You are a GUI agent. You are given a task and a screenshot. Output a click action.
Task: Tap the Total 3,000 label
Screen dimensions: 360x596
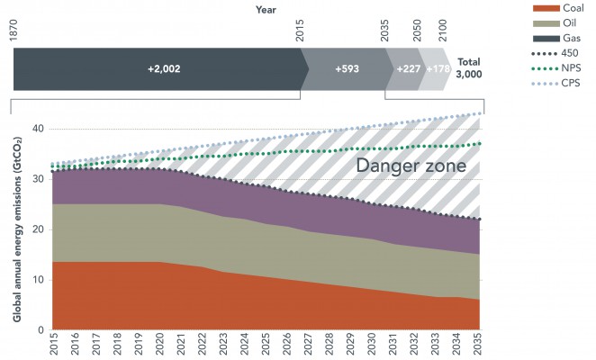pyautogui.click(x=468, y=68)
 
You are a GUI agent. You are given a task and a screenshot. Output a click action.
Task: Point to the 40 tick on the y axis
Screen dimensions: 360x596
pyautogui.click(x=38, y=129)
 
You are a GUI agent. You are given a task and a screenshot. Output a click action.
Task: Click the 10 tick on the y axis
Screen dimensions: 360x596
pyautogui.click(x=38, y=280)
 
